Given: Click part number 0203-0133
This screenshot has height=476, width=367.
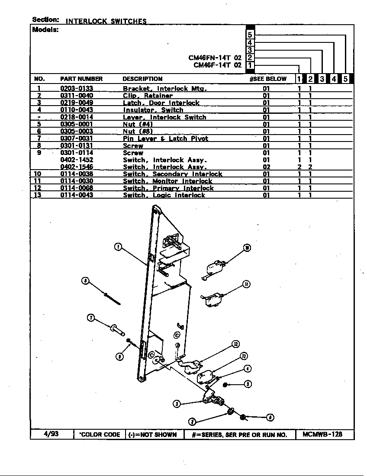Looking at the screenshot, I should (x=77, y=88).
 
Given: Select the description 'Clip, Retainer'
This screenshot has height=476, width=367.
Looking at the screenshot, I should (x=148, y=96).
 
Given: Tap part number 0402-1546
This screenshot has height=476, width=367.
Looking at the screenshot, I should (x=77, y=167).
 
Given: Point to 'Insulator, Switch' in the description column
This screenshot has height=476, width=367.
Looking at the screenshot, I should (x=153, y=110).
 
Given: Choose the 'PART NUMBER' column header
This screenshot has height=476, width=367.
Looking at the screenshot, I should (x=81, y=79).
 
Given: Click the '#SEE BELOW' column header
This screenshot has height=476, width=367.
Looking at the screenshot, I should (x=268, y=79).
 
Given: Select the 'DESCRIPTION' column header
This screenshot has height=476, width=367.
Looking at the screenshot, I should (x=142, y=79).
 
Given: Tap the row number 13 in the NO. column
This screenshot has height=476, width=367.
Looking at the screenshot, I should (x=39, y=195).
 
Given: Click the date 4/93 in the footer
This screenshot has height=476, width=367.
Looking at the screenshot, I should (x=51, y=434).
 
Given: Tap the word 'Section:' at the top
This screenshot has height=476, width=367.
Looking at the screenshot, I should (x=45, y=20).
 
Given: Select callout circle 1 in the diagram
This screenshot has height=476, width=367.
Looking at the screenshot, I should (x=118, y=247).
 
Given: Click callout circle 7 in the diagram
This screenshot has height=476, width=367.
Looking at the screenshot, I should (x=91, y=318).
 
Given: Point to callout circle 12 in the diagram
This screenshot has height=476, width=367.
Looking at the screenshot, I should (x=235, y=344).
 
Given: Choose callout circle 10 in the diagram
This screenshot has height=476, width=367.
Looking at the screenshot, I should (x=247, y=248).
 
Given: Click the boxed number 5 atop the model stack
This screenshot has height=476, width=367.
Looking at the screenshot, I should (x=250, y=35).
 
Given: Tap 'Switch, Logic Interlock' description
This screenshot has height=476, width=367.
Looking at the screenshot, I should (x=164, y=195).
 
